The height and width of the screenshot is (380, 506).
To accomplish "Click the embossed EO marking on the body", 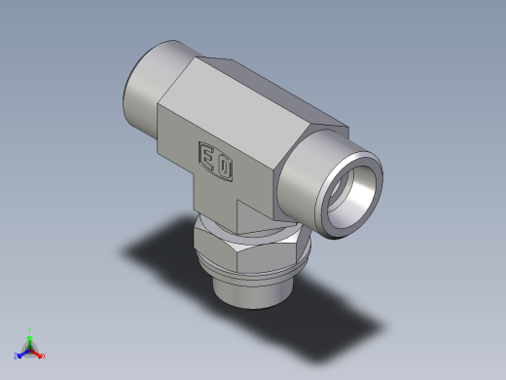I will (216, 160).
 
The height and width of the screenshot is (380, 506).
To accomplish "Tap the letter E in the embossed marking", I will (208, 156).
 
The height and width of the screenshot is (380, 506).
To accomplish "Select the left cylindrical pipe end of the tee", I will (146, 93).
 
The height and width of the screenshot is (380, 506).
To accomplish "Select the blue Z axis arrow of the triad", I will (22, 353).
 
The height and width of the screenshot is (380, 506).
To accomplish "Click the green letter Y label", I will (30, 329).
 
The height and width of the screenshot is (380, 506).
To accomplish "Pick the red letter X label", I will (44, 356).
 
